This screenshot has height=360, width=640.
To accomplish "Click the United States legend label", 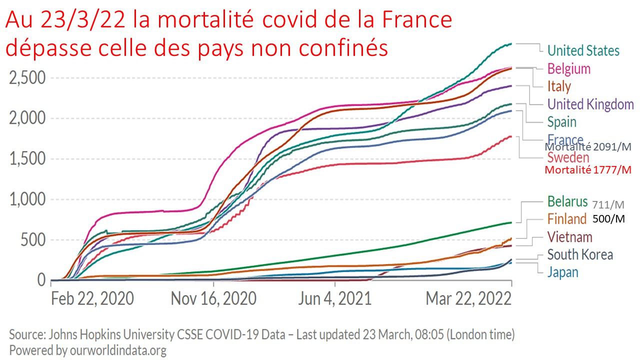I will [x=583, y=50].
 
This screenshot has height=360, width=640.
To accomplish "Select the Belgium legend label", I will [x=569, y=68].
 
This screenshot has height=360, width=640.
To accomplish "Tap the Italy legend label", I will [x=559, y=86].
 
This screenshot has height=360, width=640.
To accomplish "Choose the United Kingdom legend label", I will [x=590, y=104].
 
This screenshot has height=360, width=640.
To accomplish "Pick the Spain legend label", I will [x=562, y=122].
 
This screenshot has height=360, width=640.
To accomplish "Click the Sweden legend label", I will [x=568, y=158].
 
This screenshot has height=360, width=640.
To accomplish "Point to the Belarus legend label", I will [x=567, y=201].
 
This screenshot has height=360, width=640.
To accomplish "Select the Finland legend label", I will [x=566, y=219].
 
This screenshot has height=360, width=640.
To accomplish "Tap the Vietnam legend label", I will [x=569, y=236].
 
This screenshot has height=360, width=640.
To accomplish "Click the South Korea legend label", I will [x=580, y=254].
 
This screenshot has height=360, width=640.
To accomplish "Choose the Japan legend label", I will [x=562, y=272].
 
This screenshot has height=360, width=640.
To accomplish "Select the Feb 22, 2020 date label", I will [x=92, y=299].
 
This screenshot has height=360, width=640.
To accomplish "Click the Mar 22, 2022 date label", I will [x=468, y=299].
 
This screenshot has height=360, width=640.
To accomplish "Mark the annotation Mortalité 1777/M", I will [x=587, y=170].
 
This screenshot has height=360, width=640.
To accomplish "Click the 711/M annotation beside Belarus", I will [x=607, y=204].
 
